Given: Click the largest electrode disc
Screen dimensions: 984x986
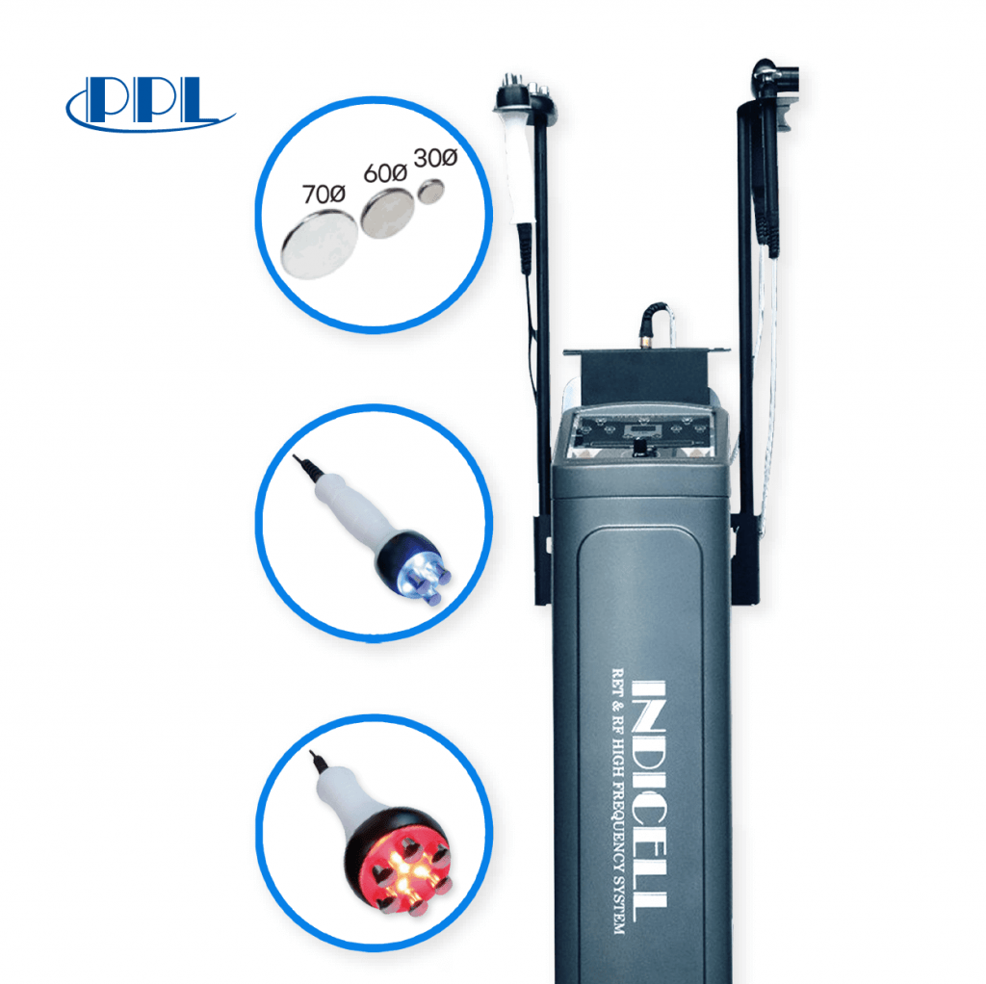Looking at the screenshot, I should (x=317, y=245).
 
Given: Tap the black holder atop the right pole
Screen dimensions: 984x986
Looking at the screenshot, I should (x=775, y=77).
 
